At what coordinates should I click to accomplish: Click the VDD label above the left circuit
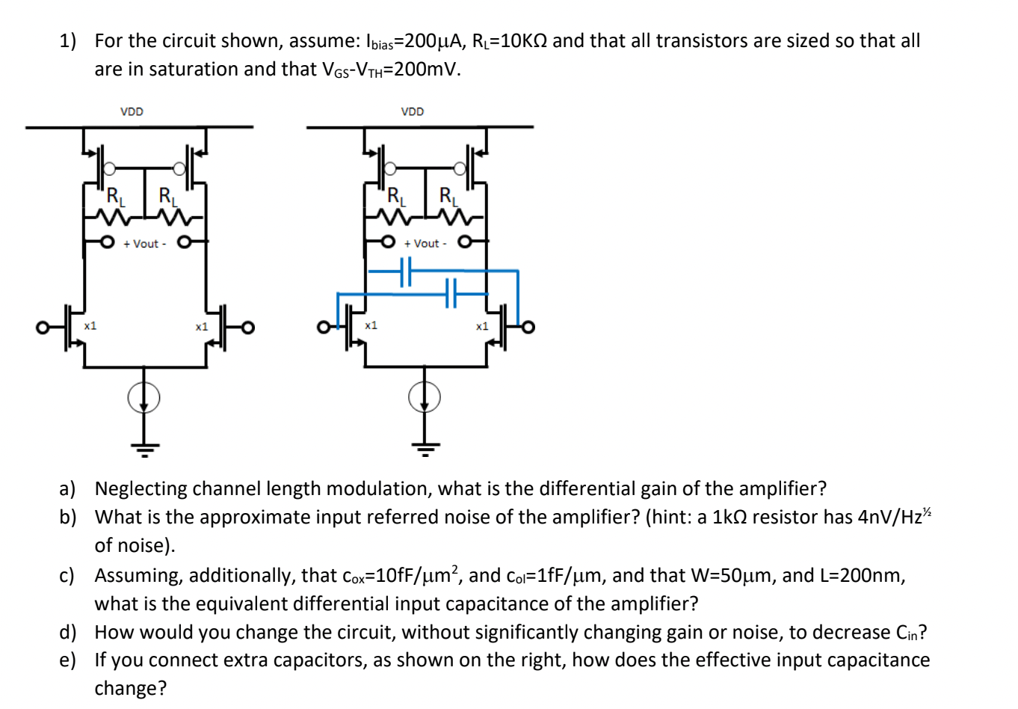coord(132,111)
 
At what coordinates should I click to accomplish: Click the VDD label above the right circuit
coord(412,111)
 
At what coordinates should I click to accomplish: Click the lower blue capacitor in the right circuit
coord(451,293)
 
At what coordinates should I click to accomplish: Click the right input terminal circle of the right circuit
coord(528,328)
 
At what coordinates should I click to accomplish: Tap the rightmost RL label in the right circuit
coord(448,197)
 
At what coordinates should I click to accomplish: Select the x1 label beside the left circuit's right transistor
coord(201,327)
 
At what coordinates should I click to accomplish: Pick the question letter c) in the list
coord(67,575)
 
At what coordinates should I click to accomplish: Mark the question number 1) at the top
coord(68,41)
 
